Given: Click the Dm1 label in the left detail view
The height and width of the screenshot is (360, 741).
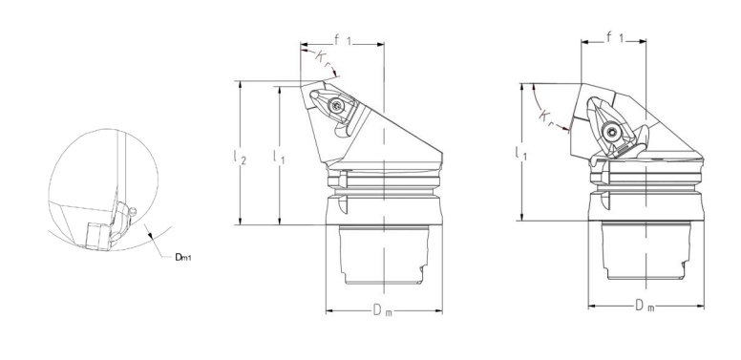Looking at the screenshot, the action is [183, 257].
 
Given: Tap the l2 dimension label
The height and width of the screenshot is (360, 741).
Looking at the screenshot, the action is [240, 157].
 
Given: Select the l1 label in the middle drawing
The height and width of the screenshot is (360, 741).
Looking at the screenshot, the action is [279, 157].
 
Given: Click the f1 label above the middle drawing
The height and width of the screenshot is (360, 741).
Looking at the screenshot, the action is [343, 41].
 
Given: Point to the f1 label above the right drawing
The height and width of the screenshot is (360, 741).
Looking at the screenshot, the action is [614, 38].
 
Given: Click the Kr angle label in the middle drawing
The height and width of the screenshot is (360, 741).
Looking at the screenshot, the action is [323, 59].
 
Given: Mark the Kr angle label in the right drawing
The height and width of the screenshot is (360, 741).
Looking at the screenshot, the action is [547, 116].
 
